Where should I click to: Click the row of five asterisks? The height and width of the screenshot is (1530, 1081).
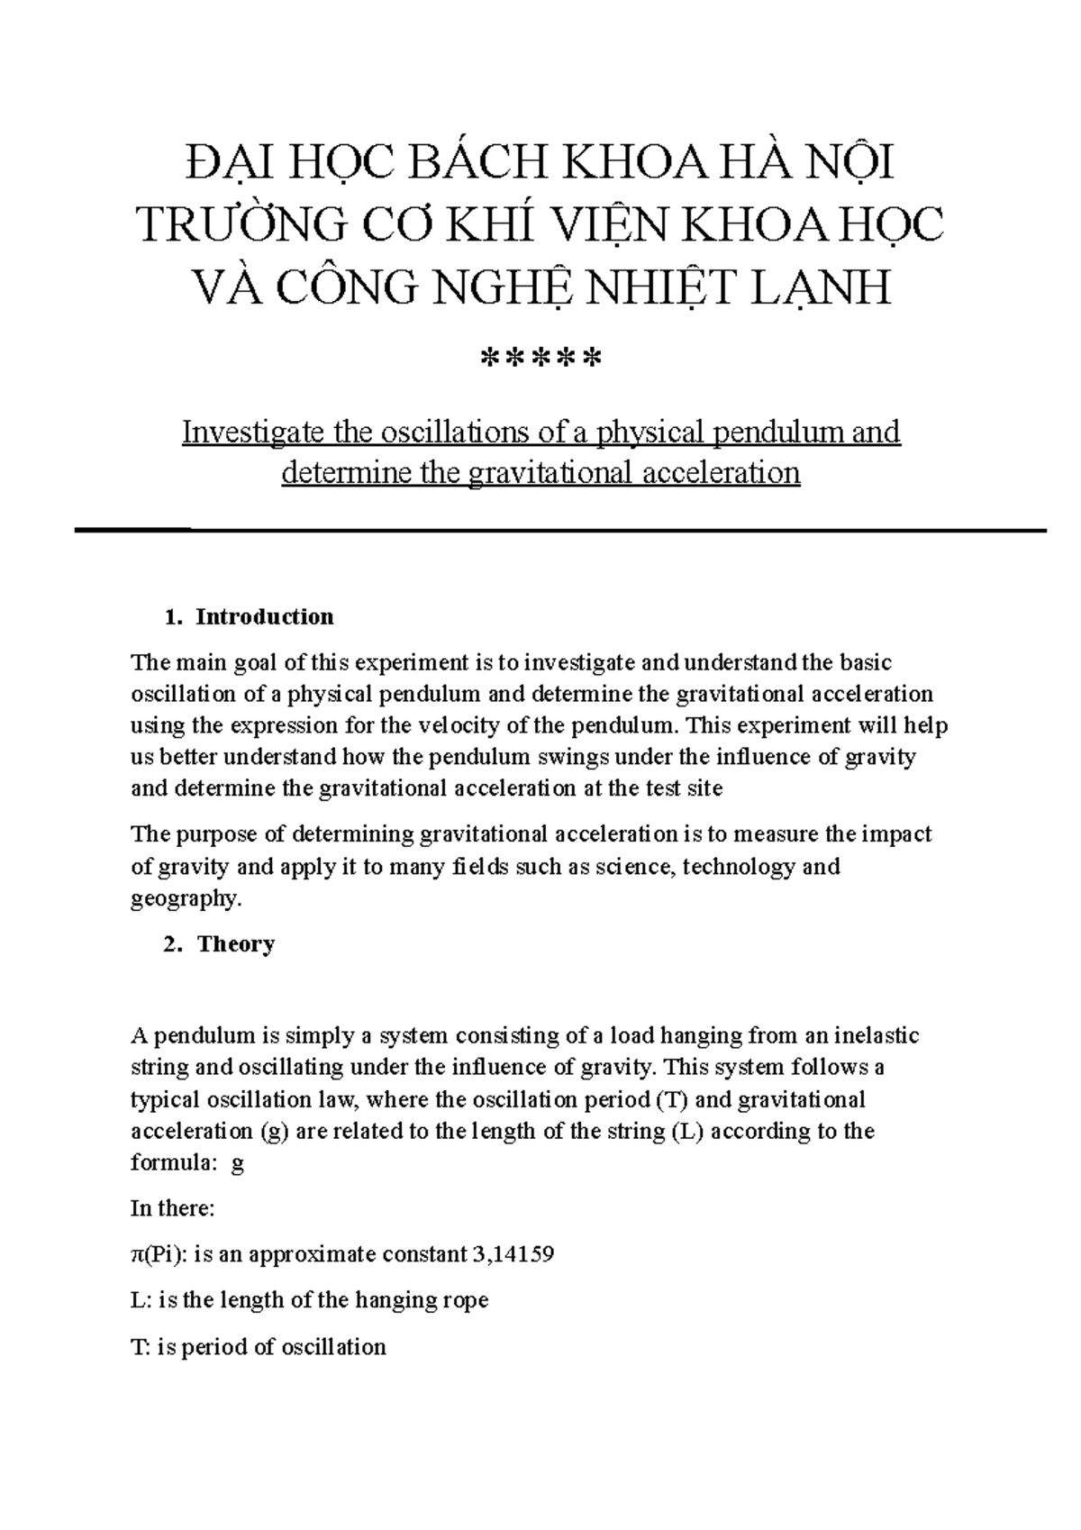(540, 360)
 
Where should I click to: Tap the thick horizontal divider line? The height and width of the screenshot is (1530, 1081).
(559, 531)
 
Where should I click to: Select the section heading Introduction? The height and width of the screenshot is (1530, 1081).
(265, 617)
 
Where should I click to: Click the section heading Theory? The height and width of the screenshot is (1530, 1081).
(236, 944)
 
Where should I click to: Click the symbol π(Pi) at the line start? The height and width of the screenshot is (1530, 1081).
(159, 1253)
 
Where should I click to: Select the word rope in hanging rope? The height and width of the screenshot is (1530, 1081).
(466, 1300)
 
